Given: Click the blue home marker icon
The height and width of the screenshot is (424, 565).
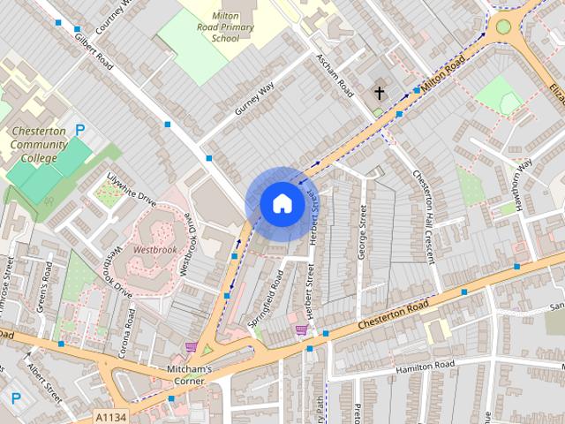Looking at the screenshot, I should [282, 204].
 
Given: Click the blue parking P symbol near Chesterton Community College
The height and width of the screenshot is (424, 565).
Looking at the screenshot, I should [80, 130].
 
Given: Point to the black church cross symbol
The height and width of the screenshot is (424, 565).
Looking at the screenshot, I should [380, 92].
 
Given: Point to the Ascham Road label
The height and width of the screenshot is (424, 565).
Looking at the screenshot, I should [335, 76].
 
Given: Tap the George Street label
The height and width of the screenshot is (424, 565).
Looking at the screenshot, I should [362, 231].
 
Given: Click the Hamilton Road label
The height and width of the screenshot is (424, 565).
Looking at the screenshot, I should [425, 366].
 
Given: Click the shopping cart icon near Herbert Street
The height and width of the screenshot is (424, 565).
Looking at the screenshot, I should [302, 330].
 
